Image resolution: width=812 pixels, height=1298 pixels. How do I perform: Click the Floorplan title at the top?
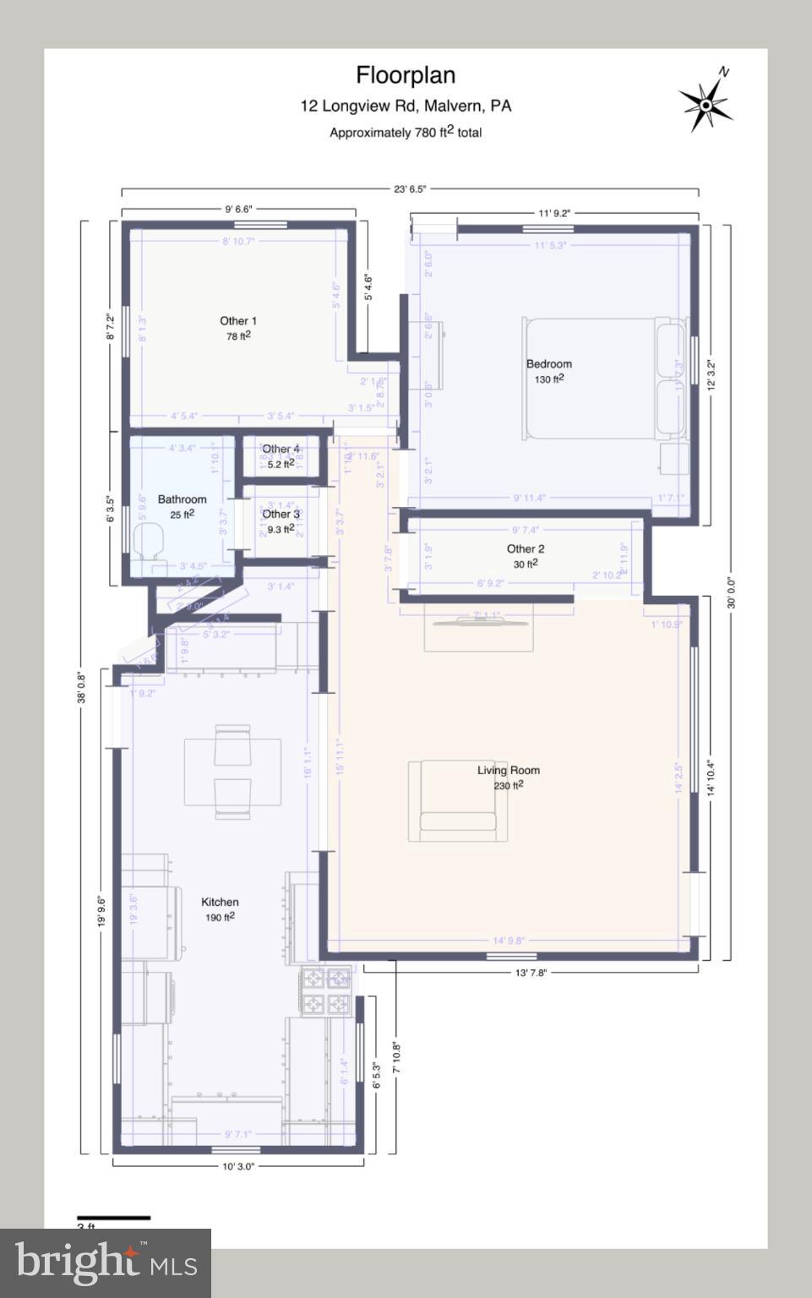tap(406, 75)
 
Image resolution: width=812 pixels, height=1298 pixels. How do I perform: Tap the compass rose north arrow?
tap(706, 103)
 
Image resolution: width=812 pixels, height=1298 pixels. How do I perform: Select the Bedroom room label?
tap(548, 364)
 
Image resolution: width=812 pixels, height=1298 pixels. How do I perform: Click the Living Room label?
tap(508, 770)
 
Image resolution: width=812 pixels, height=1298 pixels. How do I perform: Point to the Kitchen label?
tap(220, 902)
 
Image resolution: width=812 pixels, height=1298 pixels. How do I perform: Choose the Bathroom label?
tap(182, 499)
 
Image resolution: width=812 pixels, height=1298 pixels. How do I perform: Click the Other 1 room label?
tap(237, 321)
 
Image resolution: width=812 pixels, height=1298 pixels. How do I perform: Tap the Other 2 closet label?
tap(525, 548)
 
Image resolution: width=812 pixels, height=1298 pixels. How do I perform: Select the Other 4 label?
tap(281, 449)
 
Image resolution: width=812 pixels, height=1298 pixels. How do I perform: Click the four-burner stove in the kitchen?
tap(325, 991)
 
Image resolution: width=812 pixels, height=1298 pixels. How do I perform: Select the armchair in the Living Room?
tap(457, 799)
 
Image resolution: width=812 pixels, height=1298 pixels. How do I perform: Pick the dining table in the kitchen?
tap(233, 771)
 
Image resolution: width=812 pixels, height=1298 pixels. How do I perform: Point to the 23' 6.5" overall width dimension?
tap(410, 189)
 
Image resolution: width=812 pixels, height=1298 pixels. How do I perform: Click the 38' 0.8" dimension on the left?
tap(83, 687)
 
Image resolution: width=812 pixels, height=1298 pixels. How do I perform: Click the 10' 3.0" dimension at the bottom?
tap(237, 1166)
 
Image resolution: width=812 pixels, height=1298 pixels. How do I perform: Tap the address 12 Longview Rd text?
tap(406, 106)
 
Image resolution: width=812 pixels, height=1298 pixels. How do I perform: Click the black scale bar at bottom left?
tap(113, 1218)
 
